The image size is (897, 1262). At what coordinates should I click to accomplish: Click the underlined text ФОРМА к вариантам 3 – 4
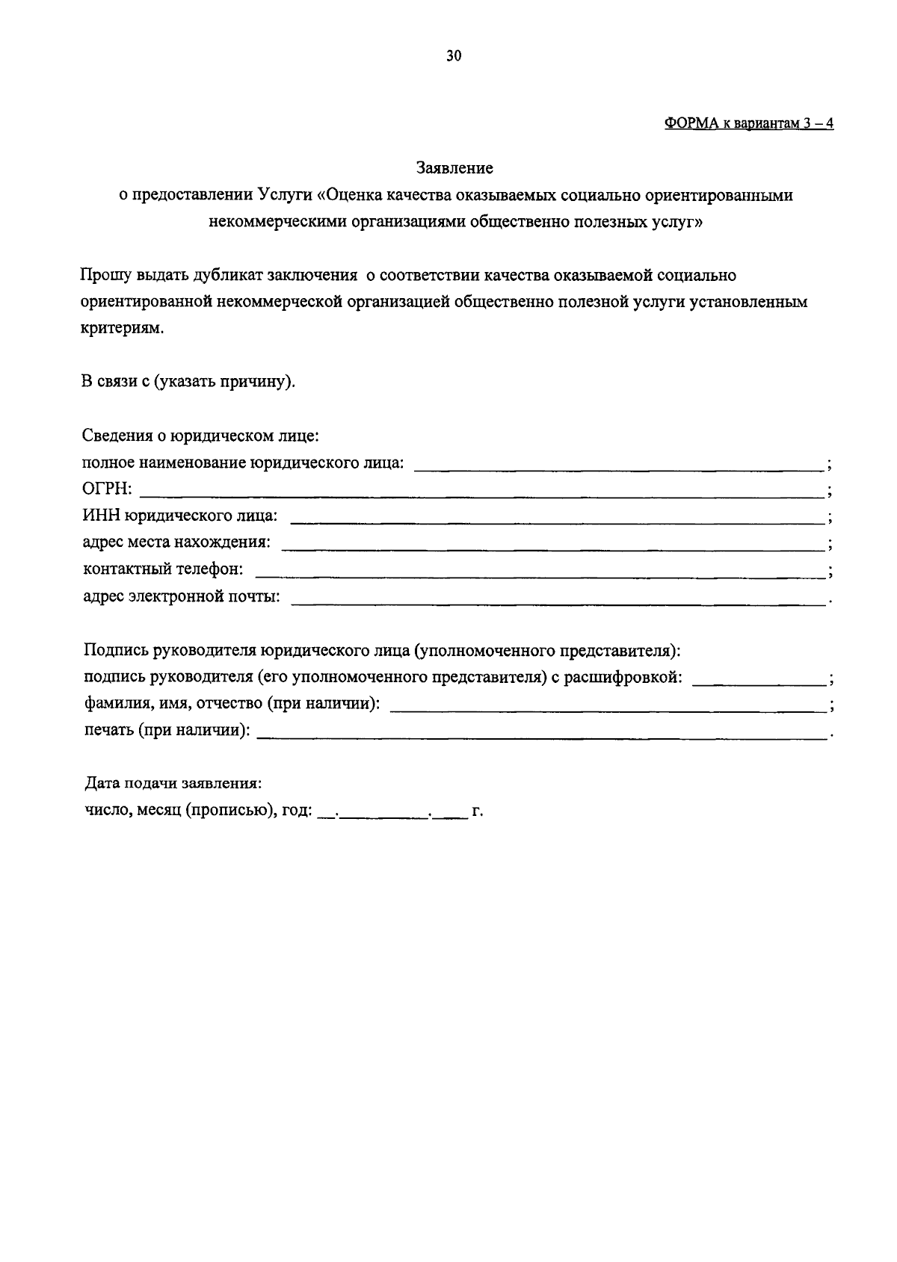point(748,124)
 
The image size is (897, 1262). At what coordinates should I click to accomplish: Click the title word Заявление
point(454,168)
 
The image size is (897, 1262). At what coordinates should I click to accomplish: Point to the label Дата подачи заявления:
point(172,784)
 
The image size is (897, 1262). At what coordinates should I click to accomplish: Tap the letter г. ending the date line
point(478,811)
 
